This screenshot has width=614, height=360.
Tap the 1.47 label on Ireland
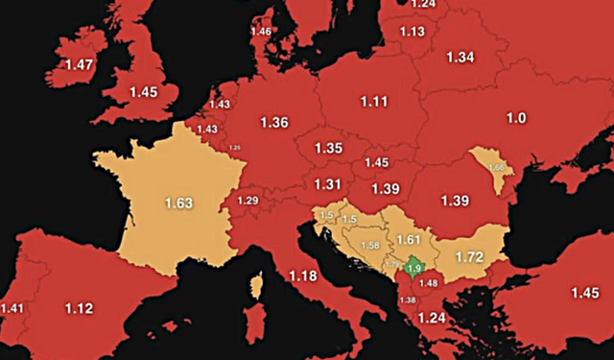(80, 64)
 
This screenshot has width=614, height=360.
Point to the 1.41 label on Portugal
(13, 308)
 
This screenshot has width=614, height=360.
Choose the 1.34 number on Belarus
(460, 58)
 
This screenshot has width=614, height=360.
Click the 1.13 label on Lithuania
(412, 32)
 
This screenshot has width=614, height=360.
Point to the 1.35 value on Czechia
(329, 149)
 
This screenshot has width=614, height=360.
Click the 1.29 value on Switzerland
(248, 200)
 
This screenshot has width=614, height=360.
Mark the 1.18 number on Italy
(303, 277)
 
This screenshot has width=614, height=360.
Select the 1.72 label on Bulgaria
(470, 257)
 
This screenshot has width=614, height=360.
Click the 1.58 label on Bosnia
(368, 246)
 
